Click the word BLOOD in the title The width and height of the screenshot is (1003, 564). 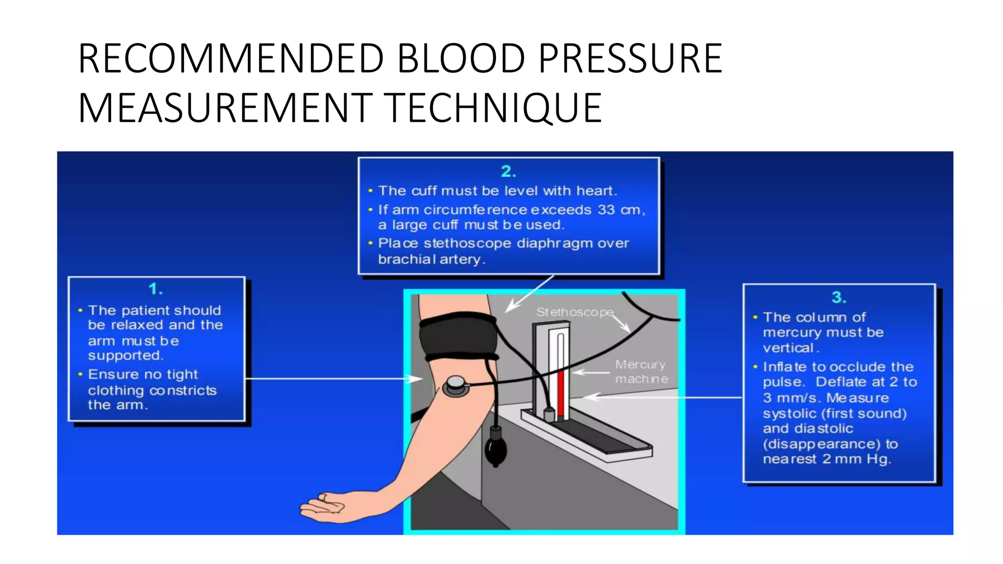pos(461,59)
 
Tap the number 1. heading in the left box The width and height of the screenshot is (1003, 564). pos(156,289)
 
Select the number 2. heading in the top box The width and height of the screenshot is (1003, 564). pos(508,171)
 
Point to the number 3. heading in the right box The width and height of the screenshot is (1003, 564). pos(839,297)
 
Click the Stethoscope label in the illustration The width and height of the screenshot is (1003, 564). pos(574,312)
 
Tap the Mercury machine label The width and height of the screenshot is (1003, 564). pos(641,372)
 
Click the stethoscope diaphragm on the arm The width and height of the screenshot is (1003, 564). pos(455,386)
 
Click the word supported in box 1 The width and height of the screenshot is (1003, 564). pos(125,355)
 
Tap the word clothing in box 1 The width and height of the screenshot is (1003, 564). pos(116,391)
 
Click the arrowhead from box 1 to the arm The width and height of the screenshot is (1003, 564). pos(417,378)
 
